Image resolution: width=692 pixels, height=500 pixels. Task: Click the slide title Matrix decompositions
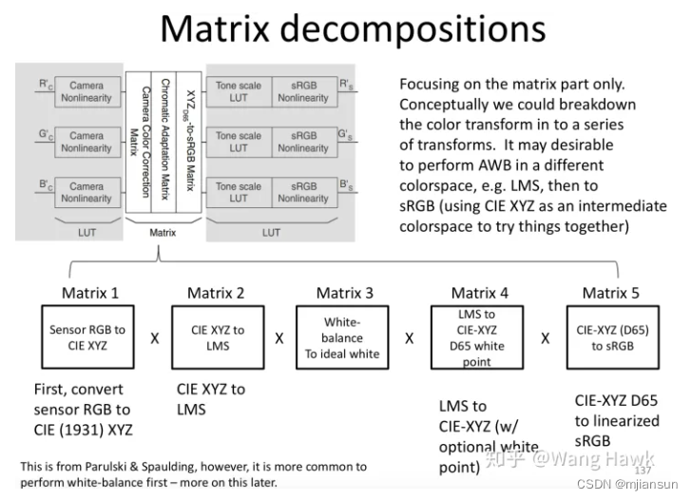coord(353,29)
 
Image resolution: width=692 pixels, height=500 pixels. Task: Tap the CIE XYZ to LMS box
coord(217,337)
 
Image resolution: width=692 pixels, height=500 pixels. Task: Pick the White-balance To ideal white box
coord(341,337)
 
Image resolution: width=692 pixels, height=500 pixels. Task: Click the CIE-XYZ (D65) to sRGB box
coord(605,337)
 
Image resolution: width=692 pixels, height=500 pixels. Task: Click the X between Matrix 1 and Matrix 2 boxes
coord(155,337)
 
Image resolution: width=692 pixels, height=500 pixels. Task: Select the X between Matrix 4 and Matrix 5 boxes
coord(546,337)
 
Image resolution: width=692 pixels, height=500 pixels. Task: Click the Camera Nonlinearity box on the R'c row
coord(86,90)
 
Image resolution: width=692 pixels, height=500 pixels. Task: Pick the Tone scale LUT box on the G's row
coord(238,142)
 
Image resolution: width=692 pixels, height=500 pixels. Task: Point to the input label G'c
coord(45,135)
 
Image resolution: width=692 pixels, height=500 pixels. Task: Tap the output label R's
coord(348,84)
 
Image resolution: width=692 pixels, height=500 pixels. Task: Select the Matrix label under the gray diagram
coord(163,231)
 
